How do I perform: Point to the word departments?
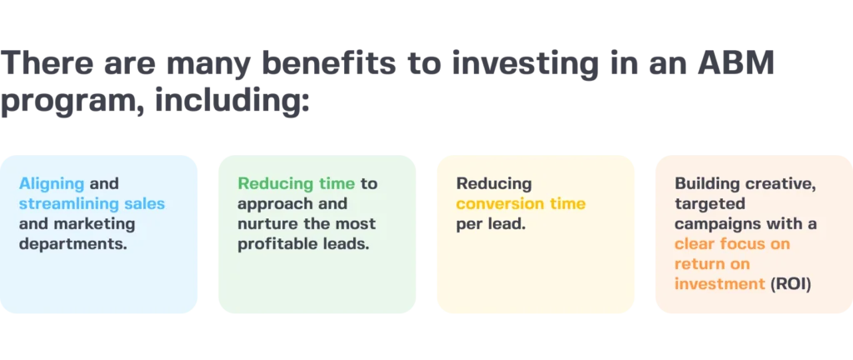(71, 244)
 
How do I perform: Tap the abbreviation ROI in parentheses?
(791, 284)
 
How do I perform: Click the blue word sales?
(145, 204)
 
